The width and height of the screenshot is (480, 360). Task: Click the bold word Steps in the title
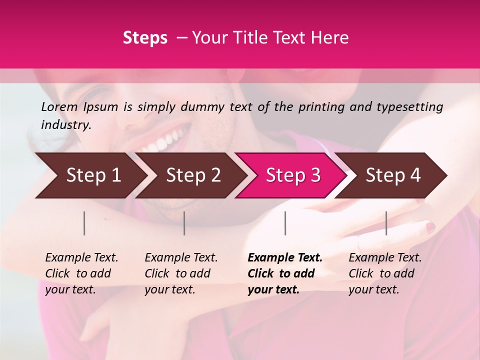(x=145, y=38)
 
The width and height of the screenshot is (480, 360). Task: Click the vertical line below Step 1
(x=84, y=223)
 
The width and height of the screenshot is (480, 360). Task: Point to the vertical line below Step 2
(x=184, y=223)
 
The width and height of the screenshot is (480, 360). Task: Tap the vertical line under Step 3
(x=285, y=223)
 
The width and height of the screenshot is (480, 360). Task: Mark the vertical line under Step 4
(x=386, y=223)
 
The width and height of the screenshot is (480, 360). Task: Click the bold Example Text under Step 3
(x=285, y=273)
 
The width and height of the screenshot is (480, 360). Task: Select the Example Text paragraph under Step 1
(x=81, y=273)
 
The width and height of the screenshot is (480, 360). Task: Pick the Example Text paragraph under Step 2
(x=181, y=273)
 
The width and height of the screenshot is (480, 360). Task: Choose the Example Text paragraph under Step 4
(x=385, y=273)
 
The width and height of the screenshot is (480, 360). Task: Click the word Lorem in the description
(x=59, y=107)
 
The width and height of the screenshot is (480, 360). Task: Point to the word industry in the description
(x=65, y=125)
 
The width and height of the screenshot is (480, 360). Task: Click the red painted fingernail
(x=430, y=227)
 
